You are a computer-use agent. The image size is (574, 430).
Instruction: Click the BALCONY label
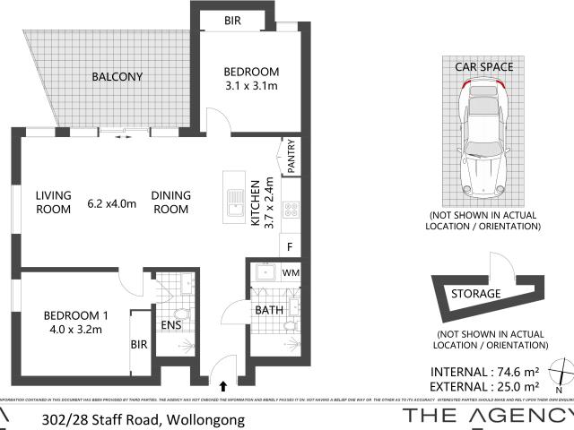pyautogui.click(x=117, y=77)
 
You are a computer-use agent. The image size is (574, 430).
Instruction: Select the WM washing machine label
pyautogui.click(x=291, y=271)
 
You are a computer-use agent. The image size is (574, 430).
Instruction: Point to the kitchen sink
pyautogui.click(x=234, y=203)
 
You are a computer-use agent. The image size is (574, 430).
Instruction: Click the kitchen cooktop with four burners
pyautogui.click(x=291, y=211)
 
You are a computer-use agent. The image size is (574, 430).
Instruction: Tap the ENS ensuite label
pyautogui.click(x=170, y=326)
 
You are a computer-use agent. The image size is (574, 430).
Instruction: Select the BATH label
pyautogui.click(x=269, y=311)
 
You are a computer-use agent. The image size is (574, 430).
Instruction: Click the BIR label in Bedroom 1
pyautogui.click(x=139, y=343)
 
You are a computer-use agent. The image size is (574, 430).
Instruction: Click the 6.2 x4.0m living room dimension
pyautogui.click(x=111, y=203)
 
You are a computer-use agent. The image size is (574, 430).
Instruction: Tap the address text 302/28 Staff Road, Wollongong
pyautogui.click(x=143, y=418)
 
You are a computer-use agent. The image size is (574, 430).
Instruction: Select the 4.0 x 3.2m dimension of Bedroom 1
pyautogui.click(x=75, y=329)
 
